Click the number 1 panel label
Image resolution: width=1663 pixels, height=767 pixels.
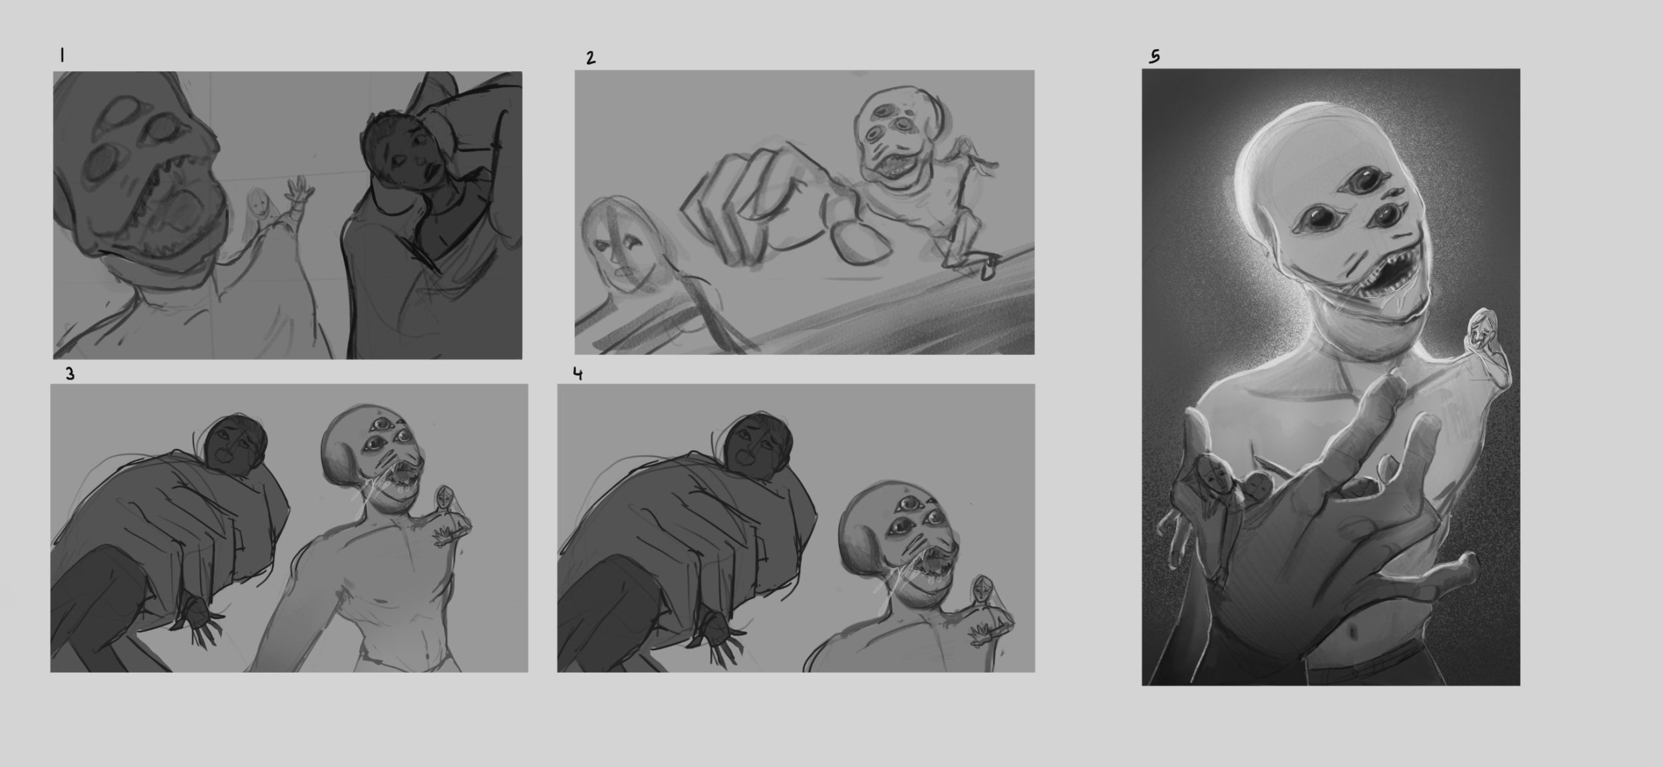[61, 56]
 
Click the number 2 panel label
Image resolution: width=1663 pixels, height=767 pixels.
[591, 58]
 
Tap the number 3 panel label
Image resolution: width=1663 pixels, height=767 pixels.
[70, 374]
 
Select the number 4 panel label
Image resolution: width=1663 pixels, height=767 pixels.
[577, 374]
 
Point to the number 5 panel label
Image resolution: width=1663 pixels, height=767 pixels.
[1155, 57]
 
